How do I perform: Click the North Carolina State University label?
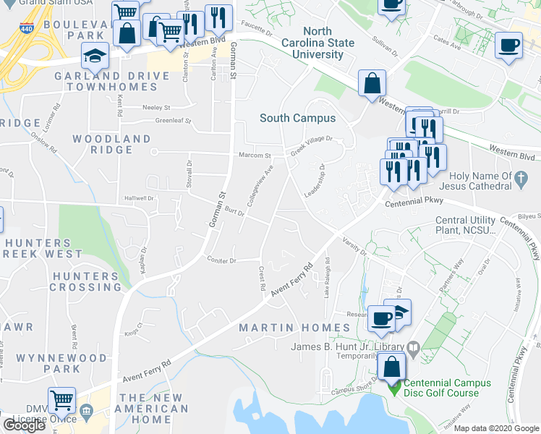coord(318,43)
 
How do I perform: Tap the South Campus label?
coord(297,118)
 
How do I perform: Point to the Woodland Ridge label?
coord(111,145)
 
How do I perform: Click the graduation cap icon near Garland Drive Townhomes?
coord(95,55)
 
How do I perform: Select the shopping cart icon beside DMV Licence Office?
coord(61,399)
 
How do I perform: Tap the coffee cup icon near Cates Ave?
coord(508,46)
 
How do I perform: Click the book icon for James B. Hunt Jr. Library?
coord(412,348)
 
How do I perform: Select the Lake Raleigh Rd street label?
coord(327,277)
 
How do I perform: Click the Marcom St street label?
coord(255,156)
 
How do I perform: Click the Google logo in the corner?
coord(24,425)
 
